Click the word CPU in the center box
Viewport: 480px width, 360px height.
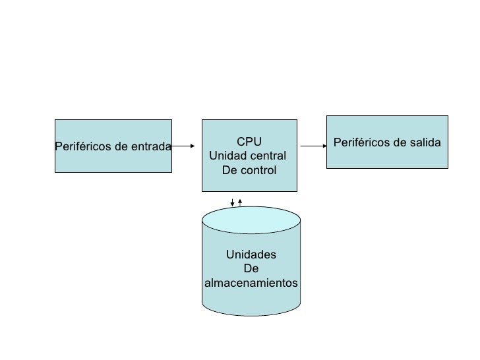(x=249, y=142)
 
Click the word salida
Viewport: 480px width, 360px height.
(x=423, y=142)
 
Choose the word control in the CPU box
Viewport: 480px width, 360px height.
(x=260, y=171)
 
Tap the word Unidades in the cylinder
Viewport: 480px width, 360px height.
(x=251, y=255)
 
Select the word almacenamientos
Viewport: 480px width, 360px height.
(x=251, y=283)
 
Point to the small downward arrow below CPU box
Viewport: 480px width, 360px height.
(x=232, y=202)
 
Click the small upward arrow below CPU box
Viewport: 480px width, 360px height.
(x=240, y=200)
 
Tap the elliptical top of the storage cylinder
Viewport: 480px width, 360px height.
(x=251, y=220)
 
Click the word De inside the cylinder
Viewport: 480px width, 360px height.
(x=251, y=269)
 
